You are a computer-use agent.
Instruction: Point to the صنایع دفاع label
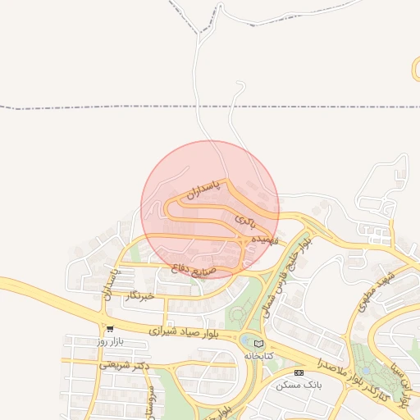[194, 266]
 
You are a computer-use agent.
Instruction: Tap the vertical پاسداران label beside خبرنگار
[107, 281]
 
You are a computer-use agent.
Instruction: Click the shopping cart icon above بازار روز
[109, 328]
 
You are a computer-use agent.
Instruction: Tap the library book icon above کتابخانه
[259, 344]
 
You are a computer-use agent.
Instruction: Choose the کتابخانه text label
[258, 356]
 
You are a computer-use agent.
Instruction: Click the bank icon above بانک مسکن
[298, 372]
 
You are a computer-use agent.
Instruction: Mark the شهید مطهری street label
[377, 290]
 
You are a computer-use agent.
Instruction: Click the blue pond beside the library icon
[247, 340]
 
